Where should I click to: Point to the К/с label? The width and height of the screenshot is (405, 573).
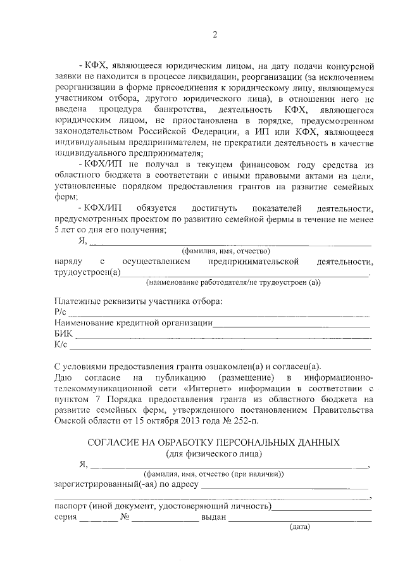pyautogui.click(x=61, y=345)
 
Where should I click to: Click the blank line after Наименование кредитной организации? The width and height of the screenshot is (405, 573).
pyautogui.click(x=292, y=324)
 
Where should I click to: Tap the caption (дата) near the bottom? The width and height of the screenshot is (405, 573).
pyautogui.click(x=298, y=527)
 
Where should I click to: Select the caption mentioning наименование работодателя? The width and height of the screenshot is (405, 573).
pyautogui.click(x=233, y=282)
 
